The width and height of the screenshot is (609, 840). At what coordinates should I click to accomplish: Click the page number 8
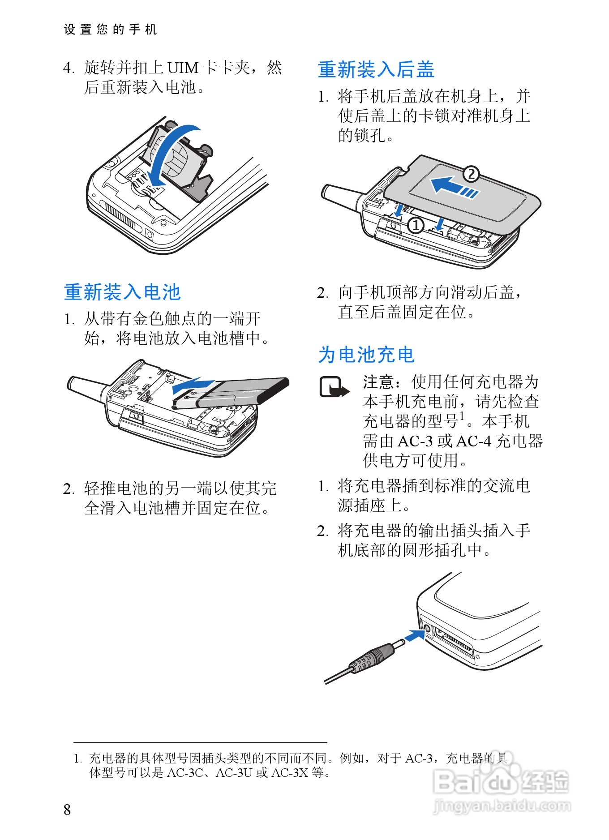[x=67, y=809]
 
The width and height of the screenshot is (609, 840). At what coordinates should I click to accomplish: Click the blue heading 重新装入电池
[x=122, y=292]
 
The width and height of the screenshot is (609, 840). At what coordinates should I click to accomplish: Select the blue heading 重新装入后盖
[x=376, y=69]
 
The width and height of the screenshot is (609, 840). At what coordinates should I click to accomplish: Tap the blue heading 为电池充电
[x=366, y=355]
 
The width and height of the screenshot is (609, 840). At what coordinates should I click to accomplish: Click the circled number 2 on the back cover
[x=471, y=174]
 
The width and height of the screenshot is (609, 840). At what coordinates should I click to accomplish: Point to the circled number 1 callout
[x=416, y=225]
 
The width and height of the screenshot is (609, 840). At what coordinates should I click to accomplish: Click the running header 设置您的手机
[x=111, y=30]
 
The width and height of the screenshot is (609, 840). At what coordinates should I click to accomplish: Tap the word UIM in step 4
[x=183, y=68]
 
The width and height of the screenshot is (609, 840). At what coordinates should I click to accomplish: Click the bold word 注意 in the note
[x=378, y=382]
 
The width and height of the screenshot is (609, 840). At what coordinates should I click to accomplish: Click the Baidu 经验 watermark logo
[x=501, y=781]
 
